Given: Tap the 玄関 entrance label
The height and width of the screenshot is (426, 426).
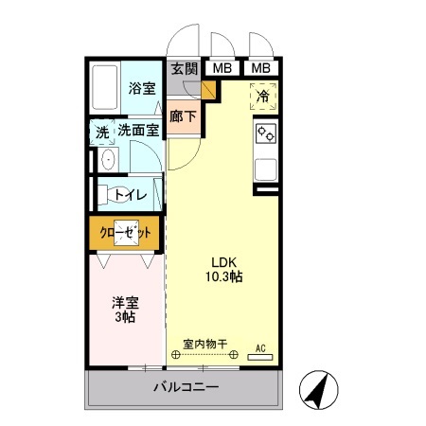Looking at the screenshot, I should (185, 68).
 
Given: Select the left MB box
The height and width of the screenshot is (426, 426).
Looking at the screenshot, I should (222, 68).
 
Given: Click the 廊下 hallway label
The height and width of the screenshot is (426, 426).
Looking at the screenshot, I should (183, 116).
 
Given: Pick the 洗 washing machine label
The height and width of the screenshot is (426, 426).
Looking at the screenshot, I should (101, 133).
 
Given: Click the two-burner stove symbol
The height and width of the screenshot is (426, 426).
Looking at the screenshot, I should (265, 134).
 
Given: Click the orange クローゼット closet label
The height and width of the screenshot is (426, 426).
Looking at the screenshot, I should (126, 232).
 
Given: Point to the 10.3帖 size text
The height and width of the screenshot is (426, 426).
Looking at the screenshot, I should (223, 277).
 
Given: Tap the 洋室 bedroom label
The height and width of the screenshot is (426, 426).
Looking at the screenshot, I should (125, 303).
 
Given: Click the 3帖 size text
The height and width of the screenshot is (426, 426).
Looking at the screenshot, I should (125, 318).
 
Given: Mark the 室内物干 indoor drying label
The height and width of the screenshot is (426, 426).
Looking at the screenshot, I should (204, 346).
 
